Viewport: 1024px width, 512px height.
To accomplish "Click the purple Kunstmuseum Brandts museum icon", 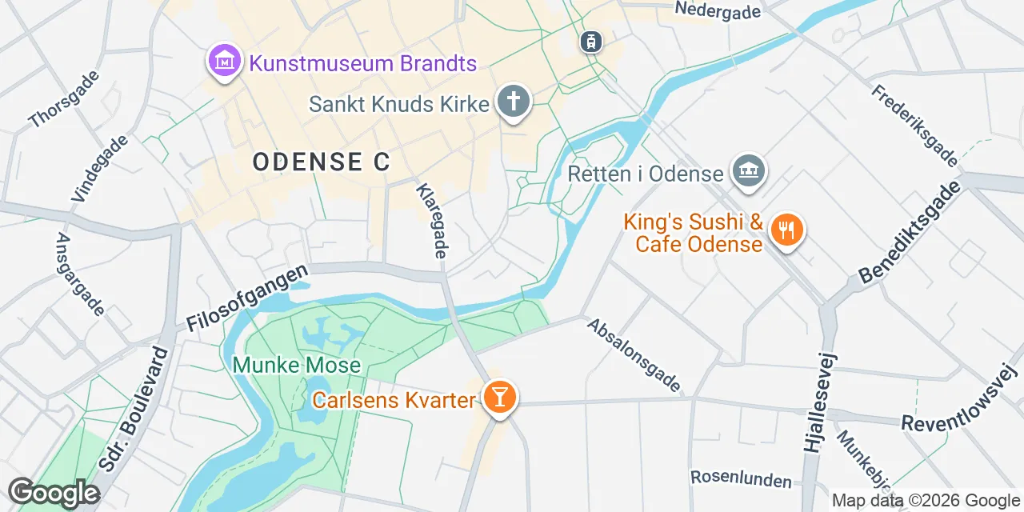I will click(225, 60).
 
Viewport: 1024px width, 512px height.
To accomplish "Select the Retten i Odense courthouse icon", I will click(749, 170).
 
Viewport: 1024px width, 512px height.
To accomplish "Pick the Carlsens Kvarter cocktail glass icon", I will click(500, 396).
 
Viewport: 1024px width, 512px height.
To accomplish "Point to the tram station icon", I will click(590, 41).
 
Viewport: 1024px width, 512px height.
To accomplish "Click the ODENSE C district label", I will click(322, 162).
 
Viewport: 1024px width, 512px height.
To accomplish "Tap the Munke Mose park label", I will click(296, 366).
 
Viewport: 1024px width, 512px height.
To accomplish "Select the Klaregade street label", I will click(430, 220).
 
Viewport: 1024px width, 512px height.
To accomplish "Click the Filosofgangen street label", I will click(247, 299).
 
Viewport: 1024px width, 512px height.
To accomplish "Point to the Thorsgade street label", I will click(64, 99).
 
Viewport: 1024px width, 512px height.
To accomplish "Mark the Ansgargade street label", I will click(80, 274).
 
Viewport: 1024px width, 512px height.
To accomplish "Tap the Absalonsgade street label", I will click(634, 356).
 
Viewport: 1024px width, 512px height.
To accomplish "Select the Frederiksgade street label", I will click(914, 126).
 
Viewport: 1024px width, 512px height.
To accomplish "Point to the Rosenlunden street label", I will click(741, 480).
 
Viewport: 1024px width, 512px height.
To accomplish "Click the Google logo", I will click(54, 493).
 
